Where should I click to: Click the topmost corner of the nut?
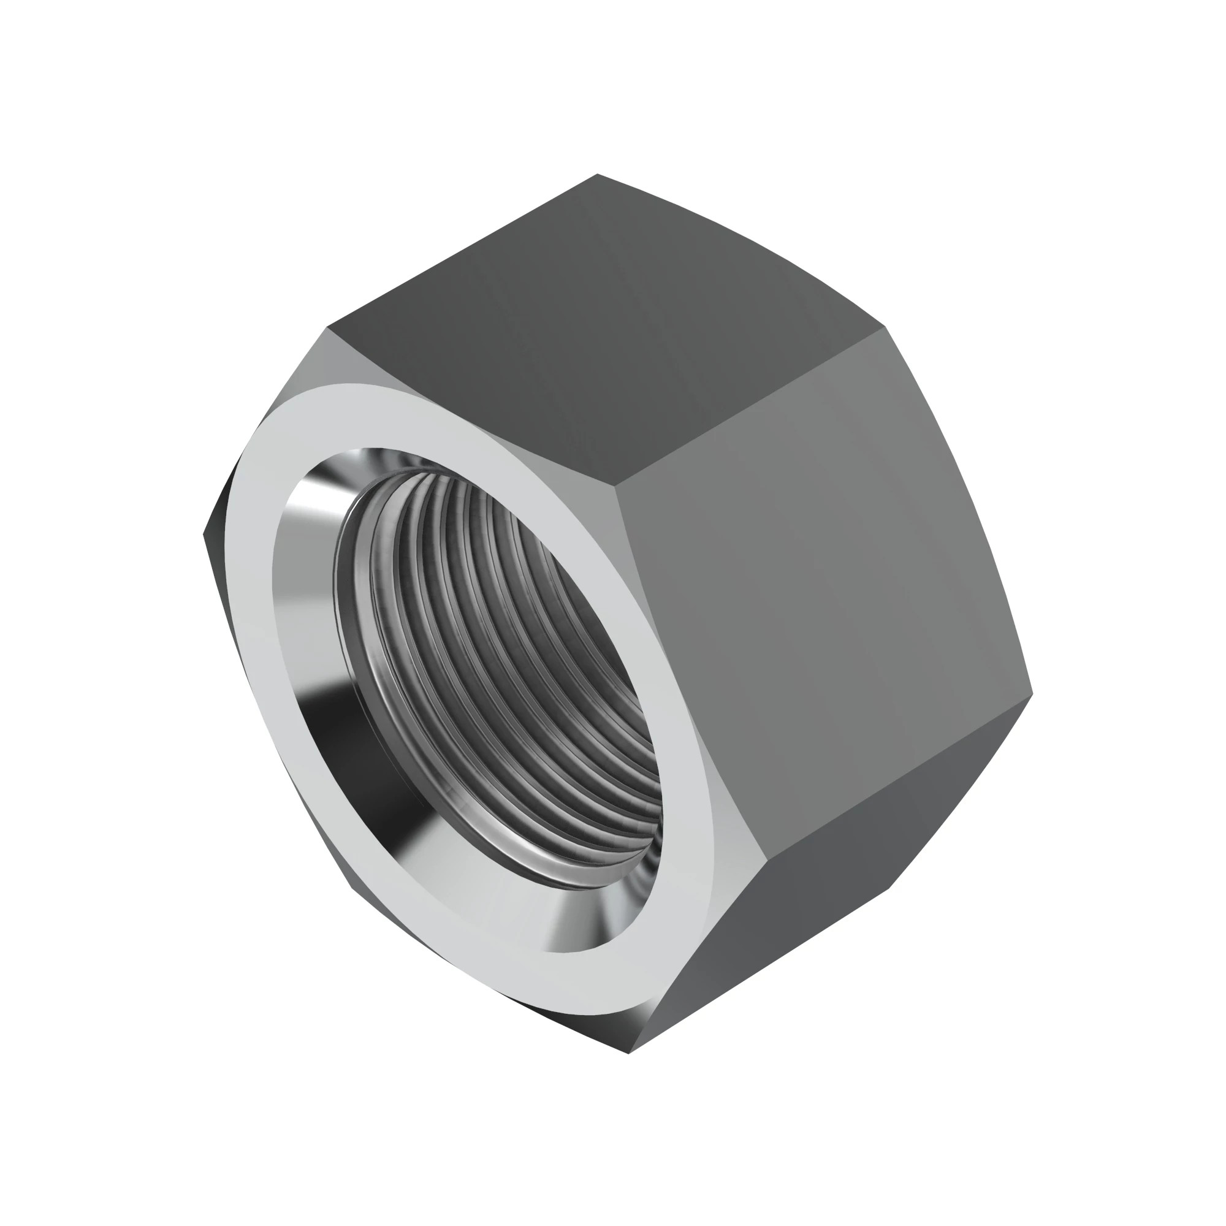[x=597, y=175]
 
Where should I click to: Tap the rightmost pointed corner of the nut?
[x=1032, y=692]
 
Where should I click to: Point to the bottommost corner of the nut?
[x=628, y=1053]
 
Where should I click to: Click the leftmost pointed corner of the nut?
[x=204, y=535]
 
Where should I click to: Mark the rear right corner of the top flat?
[x=885, y=328]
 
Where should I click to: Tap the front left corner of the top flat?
[x=327, y=328]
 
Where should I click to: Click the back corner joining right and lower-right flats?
[x=1032, y=692]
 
